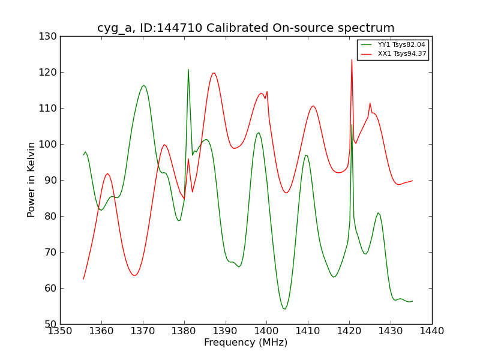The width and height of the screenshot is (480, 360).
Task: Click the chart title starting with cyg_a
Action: click(245, 28)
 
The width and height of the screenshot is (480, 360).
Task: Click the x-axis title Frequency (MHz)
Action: click(245, 343)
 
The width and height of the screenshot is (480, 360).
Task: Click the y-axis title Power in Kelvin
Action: click(31, 180)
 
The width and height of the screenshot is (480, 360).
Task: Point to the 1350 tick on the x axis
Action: click(60, 331)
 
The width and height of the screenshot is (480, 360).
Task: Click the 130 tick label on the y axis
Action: click(48, 37)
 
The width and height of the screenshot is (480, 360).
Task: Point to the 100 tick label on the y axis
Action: click(48, 145)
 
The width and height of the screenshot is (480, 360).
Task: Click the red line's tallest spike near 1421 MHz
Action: click(352, 59)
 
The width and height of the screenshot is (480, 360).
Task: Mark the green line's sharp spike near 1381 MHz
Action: click(188, 70)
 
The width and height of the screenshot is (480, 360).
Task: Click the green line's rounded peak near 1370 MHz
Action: click(143, 85)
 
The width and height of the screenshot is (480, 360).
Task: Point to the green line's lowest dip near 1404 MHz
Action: click(284, 309)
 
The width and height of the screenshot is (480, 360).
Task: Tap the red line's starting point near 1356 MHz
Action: click(83, 278)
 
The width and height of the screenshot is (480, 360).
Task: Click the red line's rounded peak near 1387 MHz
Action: click(214, 73)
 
